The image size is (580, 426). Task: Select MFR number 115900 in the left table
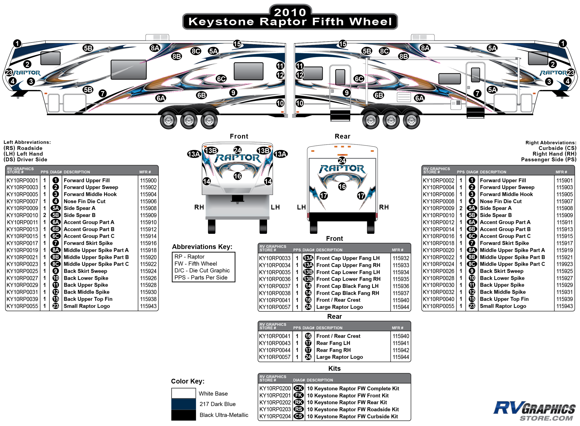[148, 181]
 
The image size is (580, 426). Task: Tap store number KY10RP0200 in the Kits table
[275, 388]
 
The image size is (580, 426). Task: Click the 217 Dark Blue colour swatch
[183, 404]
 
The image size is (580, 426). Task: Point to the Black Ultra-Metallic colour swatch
[183, 415]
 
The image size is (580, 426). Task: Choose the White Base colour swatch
[183, 393]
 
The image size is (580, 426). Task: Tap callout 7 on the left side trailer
[103, 93]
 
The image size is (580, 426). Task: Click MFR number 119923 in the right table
[564, 264]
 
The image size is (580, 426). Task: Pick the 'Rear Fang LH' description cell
[333, 343]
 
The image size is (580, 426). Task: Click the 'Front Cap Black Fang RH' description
[348, 293]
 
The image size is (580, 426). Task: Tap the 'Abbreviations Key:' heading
[202, 247]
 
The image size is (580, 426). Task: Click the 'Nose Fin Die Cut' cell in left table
[84, 201]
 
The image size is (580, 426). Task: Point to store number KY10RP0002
[438, 181]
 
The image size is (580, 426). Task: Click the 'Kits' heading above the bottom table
[334, 369]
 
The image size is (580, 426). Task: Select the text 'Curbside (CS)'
[557, 148]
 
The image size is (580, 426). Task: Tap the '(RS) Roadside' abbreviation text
[23, 148]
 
